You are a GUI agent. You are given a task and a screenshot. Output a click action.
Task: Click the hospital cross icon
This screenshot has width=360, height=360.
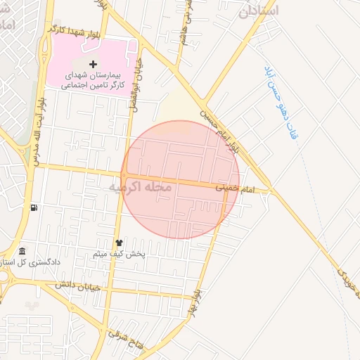[93, 64]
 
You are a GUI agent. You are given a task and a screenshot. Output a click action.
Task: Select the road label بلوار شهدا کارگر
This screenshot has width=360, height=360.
[77, 31]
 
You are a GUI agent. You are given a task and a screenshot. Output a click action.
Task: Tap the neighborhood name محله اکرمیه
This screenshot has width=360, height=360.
[141, 188]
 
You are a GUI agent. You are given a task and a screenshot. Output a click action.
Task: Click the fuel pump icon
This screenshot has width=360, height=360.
[33, 207]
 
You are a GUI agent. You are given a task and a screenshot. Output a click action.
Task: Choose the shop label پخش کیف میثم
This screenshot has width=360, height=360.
[119, 254]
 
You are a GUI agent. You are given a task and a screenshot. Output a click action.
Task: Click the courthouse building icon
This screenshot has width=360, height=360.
[22, 252]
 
